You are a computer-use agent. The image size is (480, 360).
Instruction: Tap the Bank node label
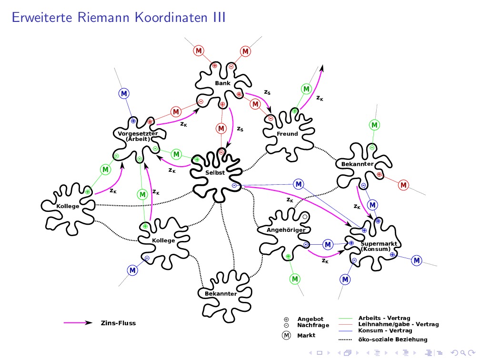[222, 83]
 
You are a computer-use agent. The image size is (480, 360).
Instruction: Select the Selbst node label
[215, 172]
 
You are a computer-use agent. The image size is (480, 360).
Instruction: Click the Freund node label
[287, 134]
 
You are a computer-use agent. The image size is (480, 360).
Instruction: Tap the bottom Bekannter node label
[220, 294]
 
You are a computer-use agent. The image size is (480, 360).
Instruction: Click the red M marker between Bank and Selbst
[221, 128]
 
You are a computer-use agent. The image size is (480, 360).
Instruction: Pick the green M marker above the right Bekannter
[375, 125]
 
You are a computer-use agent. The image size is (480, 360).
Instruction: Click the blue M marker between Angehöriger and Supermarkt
[328, 244]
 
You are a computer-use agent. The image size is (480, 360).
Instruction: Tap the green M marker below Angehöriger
[295, 278]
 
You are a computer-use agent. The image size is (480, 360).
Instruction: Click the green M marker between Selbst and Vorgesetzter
[177, 154]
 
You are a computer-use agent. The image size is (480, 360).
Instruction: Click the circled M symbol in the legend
[287, 335]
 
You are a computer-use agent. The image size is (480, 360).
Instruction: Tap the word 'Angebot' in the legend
[310, 319]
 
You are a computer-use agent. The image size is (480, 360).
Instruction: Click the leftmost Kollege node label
[68, 206]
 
